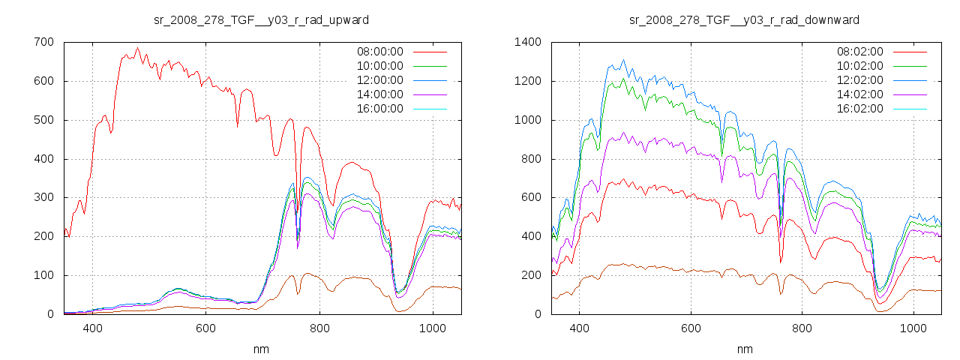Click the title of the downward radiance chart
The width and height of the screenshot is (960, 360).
(744, 19)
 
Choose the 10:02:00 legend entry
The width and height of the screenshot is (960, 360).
(859, 66)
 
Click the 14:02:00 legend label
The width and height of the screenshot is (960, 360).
(859, 94)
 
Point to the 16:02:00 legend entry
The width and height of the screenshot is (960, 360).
(859, 109)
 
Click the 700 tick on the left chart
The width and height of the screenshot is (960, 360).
(43, 42)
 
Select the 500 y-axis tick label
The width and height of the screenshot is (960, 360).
(43, 120)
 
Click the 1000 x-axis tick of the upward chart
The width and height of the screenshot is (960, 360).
(432, 328)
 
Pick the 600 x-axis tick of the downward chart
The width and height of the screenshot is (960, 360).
(691, 328)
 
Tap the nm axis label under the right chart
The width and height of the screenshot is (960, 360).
(744, 349)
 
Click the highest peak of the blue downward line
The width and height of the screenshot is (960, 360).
(623, 60)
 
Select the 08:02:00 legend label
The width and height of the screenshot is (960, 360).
(859, 52)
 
